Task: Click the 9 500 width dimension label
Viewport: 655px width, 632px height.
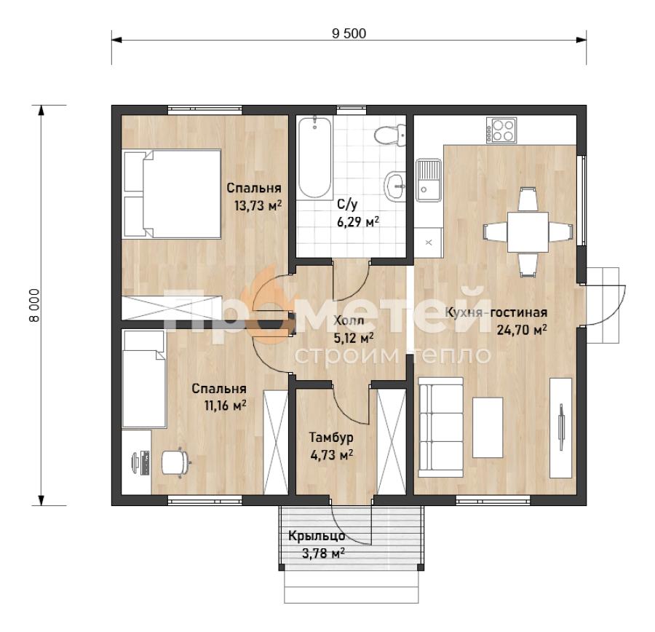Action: point(349,33)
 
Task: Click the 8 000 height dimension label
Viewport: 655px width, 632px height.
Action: point(34,305)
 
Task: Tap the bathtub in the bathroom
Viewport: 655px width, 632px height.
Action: point(315,157)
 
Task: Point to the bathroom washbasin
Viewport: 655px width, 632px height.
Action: point(394,185)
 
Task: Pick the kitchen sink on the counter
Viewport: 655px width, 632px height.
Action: point(428,180)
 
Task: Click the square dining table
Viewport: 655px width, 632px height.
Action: point(528,232)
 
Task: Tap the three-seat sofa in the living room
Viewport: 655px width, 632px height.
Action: point(441,427)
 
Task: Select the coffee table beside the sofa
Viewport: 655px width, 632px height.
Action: point(488,427)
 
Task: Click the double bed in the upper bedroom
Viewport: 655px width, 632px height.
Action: point(172,194)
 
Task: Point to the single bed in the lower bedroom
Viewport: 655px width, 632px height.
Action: point(144,379)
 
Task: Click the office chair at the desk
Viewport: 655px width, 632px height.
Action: point(175,462)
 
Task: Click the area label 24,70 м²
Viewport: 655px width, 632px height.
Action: point(522,331)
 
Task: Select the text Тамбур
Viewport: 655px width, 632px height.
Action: point(331,437)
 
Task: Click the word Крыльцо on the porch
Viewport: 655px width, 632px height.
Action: point(317,536)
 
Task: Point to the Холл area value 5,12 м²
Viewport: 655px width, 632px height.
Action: point(354,338)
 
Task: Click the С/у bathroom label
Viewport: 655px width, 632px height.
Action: point(348,205)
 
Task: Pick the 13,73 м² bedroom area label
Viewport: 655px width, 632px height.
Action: point(258,205)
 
